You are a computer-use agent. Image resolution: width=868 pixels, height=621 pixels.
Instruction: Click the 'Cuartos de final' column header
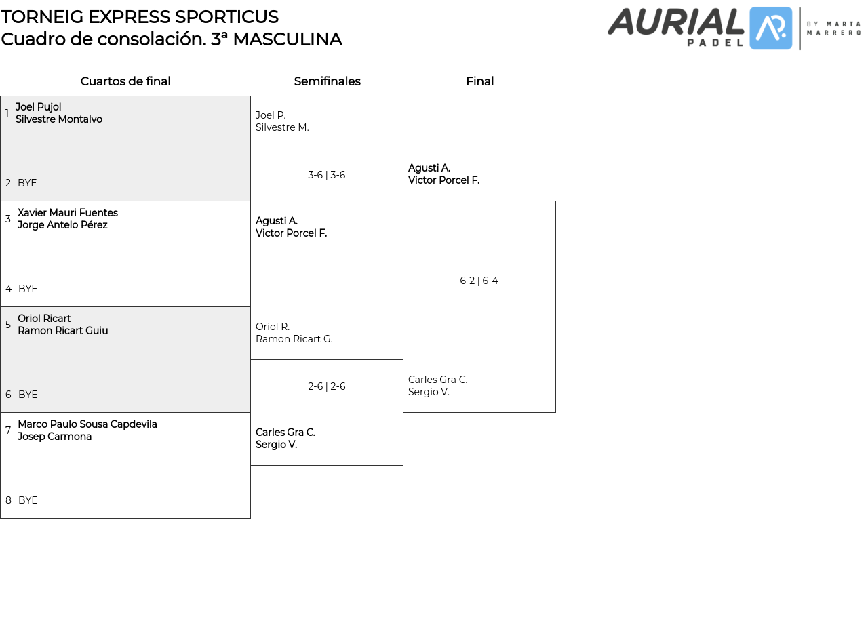point(125,81)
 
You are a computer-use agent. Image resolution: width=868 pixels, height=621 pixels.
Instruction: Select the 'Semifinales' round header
point(327,81)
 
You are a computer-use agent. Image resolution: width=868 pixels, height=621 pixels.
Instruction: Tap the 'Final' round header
point(479,81)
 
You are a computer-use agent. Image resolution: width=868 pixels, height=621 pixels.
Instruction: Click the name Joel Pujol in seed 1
point(39,107)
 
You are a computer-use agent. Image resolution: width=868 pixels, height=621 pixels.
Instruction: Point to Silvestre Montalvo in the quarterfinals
point(59,119)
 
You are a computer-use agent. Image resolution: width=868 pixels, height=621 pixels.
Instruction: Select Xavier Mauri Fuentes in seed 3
point(68,213)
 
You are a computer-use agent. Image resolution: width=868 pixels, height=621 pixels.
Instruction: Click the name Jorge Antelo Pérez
point(62,225)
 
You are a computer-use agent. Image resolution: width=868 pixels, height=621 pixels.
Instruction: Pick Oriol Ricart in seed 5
point(44,319)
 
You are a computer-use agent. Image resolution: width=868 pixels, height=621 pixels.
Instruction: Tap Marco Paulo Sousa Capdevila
point(87,424)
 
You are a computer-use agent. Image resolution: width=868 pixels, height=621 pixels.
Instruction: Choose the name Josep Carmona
point(55,437)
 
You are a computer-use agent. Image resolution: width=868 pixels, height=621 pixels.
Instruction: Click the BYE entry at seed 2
point(27,183)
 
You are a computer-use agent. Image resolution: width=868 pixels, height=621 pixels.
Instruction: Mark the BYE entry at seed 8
point(28,500)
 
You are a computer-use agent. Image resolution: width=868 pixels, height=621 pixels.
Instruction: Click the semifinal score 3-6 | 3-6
point(327,175)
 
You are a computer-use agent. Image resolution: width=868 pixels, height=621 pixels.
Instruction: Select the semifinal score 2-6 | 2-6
point(327,386)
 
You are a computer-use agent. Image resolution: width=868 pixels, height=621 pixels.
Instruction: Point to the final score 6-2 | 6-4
point(479,281)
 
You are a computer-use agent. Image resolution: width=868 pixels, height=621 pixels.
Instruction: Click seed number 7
point(8,430)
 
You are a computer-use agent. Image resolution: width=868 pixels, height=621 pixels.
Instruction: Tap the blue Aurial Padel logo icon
point(771,28)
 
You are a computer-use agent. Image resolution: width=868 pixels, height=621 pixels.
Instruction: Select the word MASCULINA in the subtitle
point(287,39)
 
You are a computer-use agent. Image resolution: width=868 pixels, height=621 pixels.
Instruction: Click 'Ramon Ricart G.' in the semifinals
point(294,339)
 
